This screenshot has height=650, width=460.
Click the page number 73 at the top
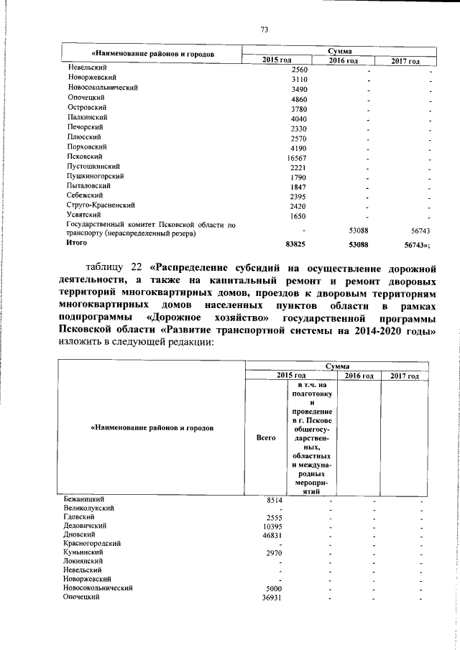point(264,29)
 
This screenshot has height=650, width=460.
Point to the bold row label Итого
point(77,243)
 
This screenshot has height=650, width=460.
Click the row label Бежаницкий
point(85,498)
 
